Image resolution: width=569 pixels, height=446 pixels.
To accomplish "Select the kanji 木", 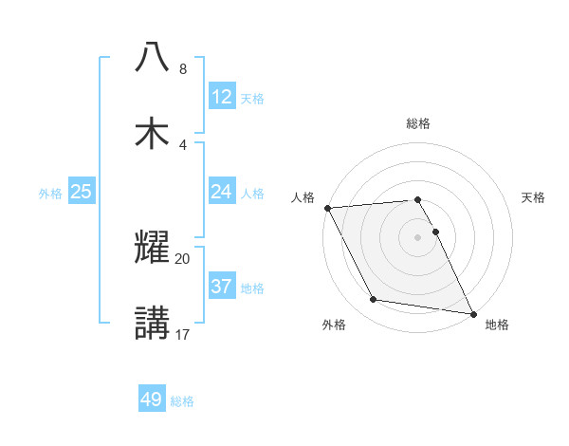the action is [153, 133].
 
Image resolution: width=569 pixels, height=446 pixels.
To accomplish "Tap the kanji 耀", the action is [153, 247].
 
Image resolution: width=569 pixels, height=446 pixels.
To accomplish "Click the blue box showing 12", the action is [222, 97].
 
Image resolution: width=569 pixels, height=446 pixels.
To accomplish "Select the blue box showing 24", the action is [222, 192].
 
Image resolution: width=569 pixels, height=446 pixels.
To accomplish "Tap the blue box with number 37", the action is [222, 287].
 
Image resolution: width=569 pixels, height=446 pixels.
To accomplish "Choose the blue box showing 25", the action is [82, 192].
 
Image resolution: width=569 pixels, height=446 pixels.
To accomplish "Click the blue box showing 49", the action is [152, 400].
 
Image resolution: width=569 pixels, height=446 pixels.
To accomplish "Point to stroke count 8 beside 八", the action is [183, 69].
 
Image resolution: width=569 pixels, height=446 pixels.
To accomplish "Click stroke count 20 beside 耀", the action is [183, 258].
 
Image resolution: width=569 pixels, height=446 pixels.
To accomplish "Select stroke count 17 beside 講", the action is [183, 334].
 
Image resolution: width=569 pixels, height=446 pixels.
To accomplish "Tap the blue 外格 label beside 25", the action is [50, 193].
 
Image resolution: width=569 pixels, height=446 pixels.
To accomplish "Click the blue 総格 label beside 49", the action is [182, 400].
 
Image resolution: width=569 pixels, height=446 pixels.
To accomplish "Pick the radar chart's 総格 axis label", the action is [418, 123].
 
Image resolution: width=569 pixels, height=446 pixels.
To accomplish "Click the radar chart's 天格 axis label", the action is [534, 197].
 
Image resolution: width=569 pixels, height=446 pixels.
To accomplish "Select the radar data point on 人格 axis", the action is [327, 208].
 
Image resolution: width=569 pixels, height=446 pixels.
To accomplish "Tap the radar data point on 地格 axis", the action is [472, 312].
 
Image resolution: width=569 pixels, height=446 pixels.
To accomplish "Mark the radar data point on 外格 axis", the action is [374, 300].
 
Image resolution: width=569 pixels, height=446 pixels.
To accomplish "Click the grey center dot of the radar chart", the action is [418, 237].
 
